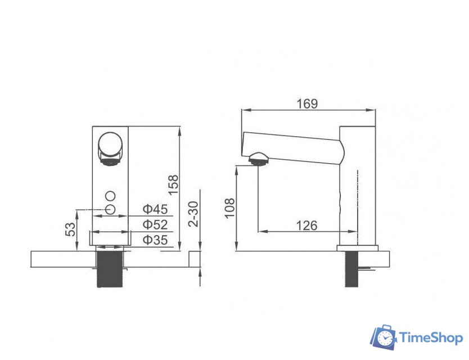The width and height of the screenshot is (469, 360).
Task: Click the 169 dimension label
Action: coord(307,104)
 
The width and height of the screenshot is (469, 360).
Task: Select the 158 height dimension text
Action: coord(173,185)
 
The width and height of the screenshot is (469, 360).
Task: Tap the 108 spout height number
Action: coord(229,208)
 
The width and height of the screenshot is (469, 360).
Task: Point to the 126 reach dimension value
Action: coord(307,226)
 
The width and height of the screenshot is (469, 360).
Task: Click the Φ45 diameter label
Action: coord(155,209)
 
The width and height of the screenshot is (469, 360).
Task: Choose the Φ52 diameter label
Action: coord(155,224)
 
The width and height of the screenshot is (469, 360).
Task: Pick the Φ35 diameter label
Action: coord(155,240)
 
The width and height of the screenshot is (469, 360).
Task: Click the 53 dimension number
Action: coord(71,229)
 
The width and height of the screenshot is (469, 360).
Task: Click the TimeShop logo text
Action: coord(431,338)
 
